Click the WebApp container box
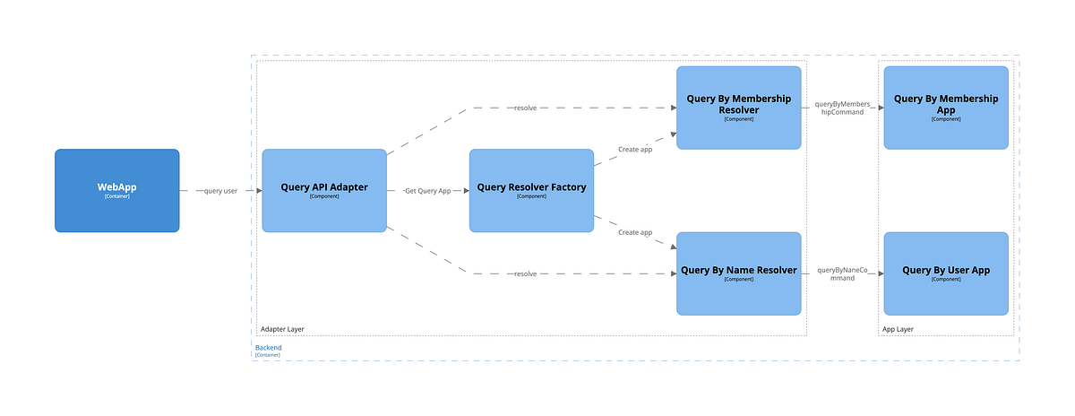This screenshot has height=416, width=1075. (x=116, y=190)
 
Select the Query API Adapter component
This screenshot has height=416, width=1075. (x=323, y=190)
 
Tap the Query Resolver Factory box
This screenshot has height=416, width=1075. (x=531, y=190)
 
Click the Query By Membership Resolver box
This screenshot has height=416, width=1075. (x=738, y=107)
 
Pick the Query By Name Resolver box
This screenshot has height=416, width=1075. (x=738, y=273)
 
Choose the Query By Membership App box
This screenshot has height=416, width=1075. (x=946, y=107)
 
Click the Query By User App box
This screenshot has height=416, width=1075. (x=946, y=273)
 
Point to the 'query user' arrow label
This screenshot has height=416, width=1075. (x=220, y=191)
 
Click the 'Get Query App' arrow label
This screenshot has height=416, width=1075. (x=427, y=191)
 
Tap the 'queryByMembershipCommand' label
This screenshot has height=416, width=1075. (x=842, y=108)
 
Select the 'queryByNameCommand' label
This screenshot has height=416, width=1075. (x=842, y=274)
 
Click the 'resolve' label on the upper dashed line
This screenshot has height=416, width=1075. (x=525, y=108)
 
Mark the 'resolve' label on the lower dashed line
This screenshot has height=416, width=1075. (x=525, y=273)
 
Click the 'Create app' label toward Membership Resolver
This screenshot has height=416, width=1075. (x=635, y=149)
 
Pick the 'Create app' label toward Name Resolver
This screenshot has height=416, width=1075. (x=635, y=232)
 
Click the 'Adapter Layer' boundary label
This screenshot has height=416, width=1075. (x=281, y=329)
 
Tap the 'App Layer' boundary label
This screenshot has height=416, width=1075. (x=899, y=329)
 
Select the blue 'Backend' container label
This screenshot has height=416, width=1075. (x=269, y=347)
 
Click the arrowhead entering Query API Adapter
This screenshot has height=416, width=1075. (x=258, y=191)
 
